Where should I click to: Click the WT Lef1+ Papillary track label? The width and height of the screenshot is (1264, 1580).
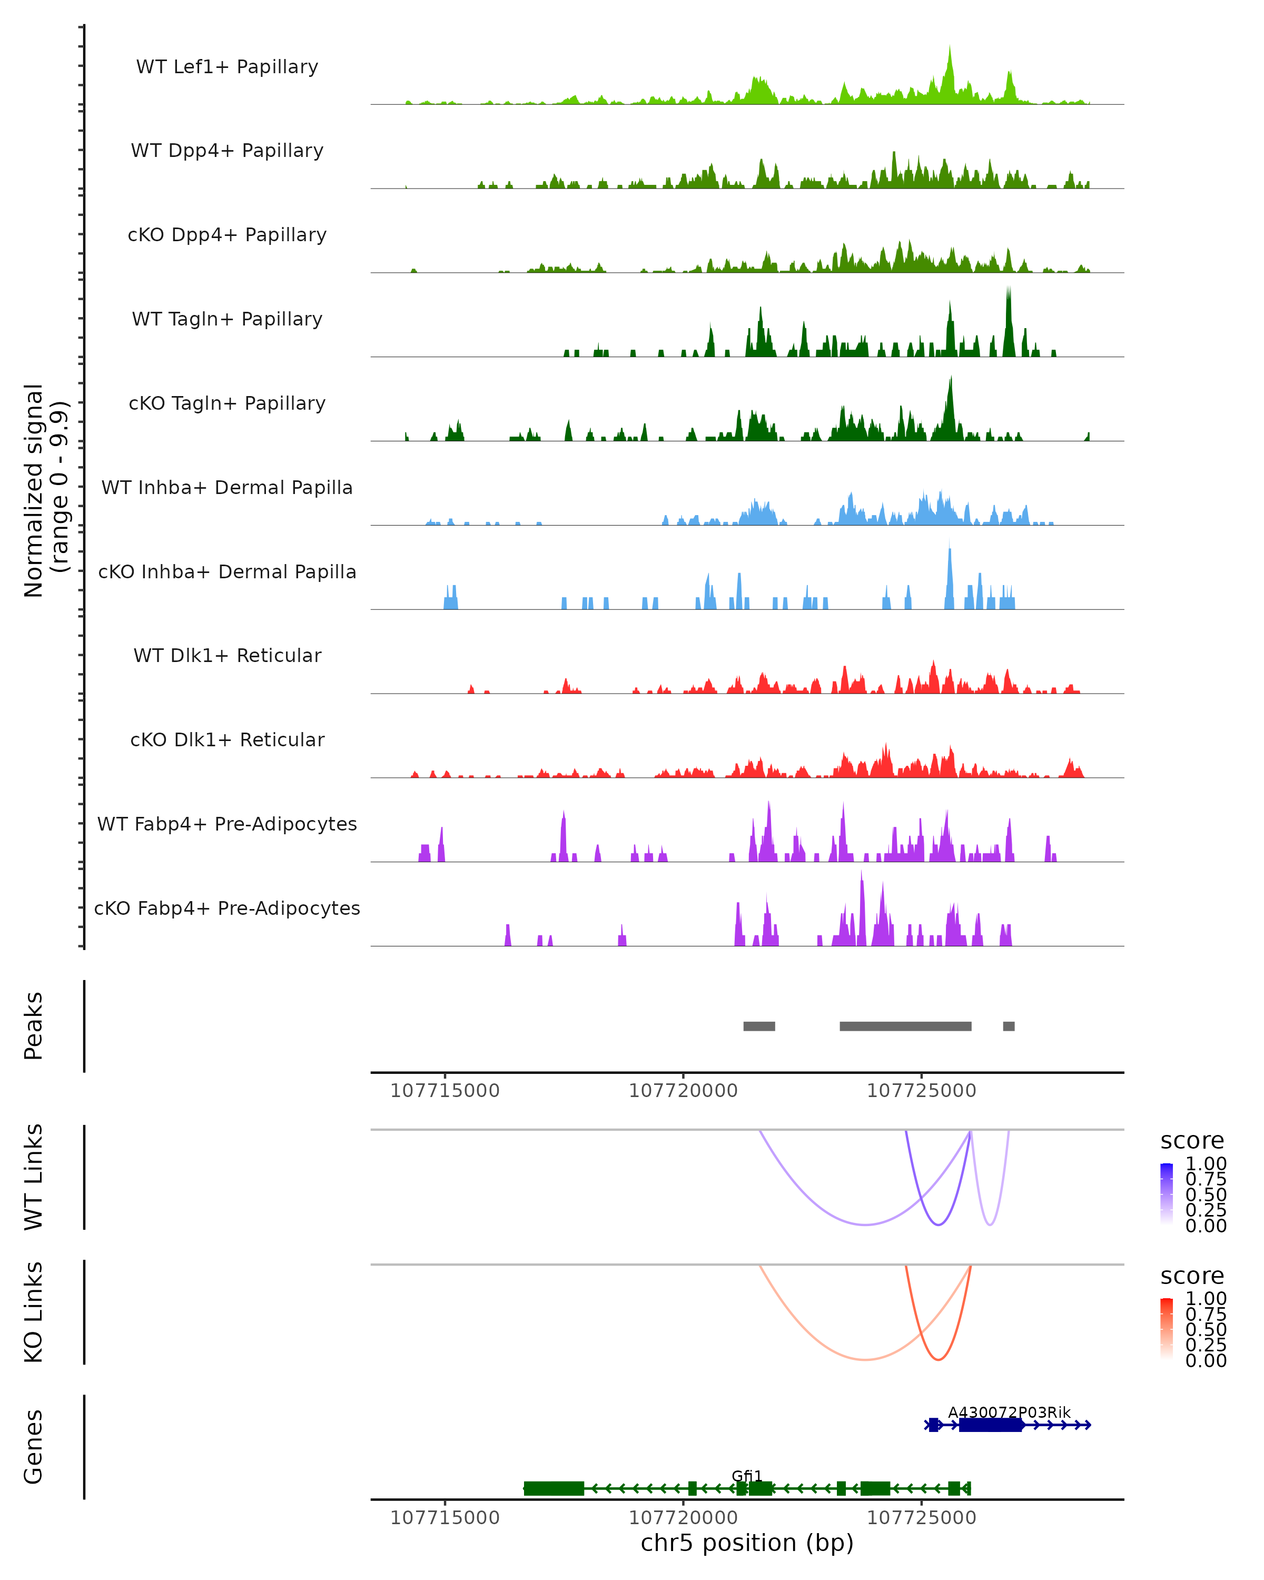227,67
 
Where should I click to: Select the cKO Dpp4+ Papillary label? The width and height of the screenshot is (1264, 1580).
227,234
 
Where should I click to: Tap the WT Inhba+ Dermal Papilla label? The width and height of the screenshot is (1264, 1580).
227,487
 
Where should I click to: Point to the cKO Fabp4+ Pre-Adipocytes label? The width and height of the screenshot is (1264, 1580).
227,908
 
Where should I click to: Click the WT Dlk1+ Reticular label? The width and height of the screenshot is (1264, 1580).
227,655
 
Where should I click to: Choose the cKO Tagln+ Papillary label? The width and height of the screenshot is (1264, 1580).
227,403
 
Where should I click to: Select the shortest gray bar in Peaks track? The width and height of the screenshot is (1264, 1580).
1009,1026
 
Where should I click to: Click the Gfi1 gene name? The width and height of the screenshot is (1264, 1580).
747,1476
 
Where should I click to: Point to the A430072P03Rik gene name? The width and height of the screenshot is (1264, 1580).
1009,1412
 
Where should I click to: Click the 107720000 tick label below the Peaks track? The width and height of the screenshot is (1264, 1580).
683,1091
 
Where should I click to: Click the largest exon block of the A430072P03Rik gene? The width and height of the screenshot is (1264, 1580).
990,1425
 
